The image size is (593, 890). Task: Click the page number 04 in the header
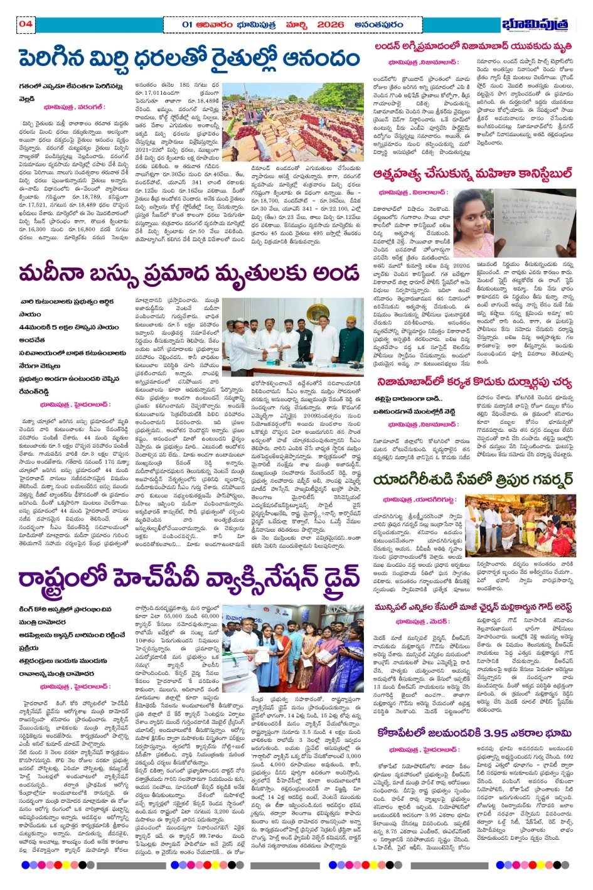(25, 24)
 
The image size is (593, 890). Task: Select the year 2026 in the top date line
(331, 24)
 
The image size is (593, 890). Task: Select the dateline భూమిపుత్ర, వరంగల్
(74, 107)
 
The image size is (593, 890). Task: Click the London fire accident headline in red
(473, 46)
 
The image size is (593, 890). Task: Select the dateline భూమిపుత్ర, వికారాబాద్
(413, 192)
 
